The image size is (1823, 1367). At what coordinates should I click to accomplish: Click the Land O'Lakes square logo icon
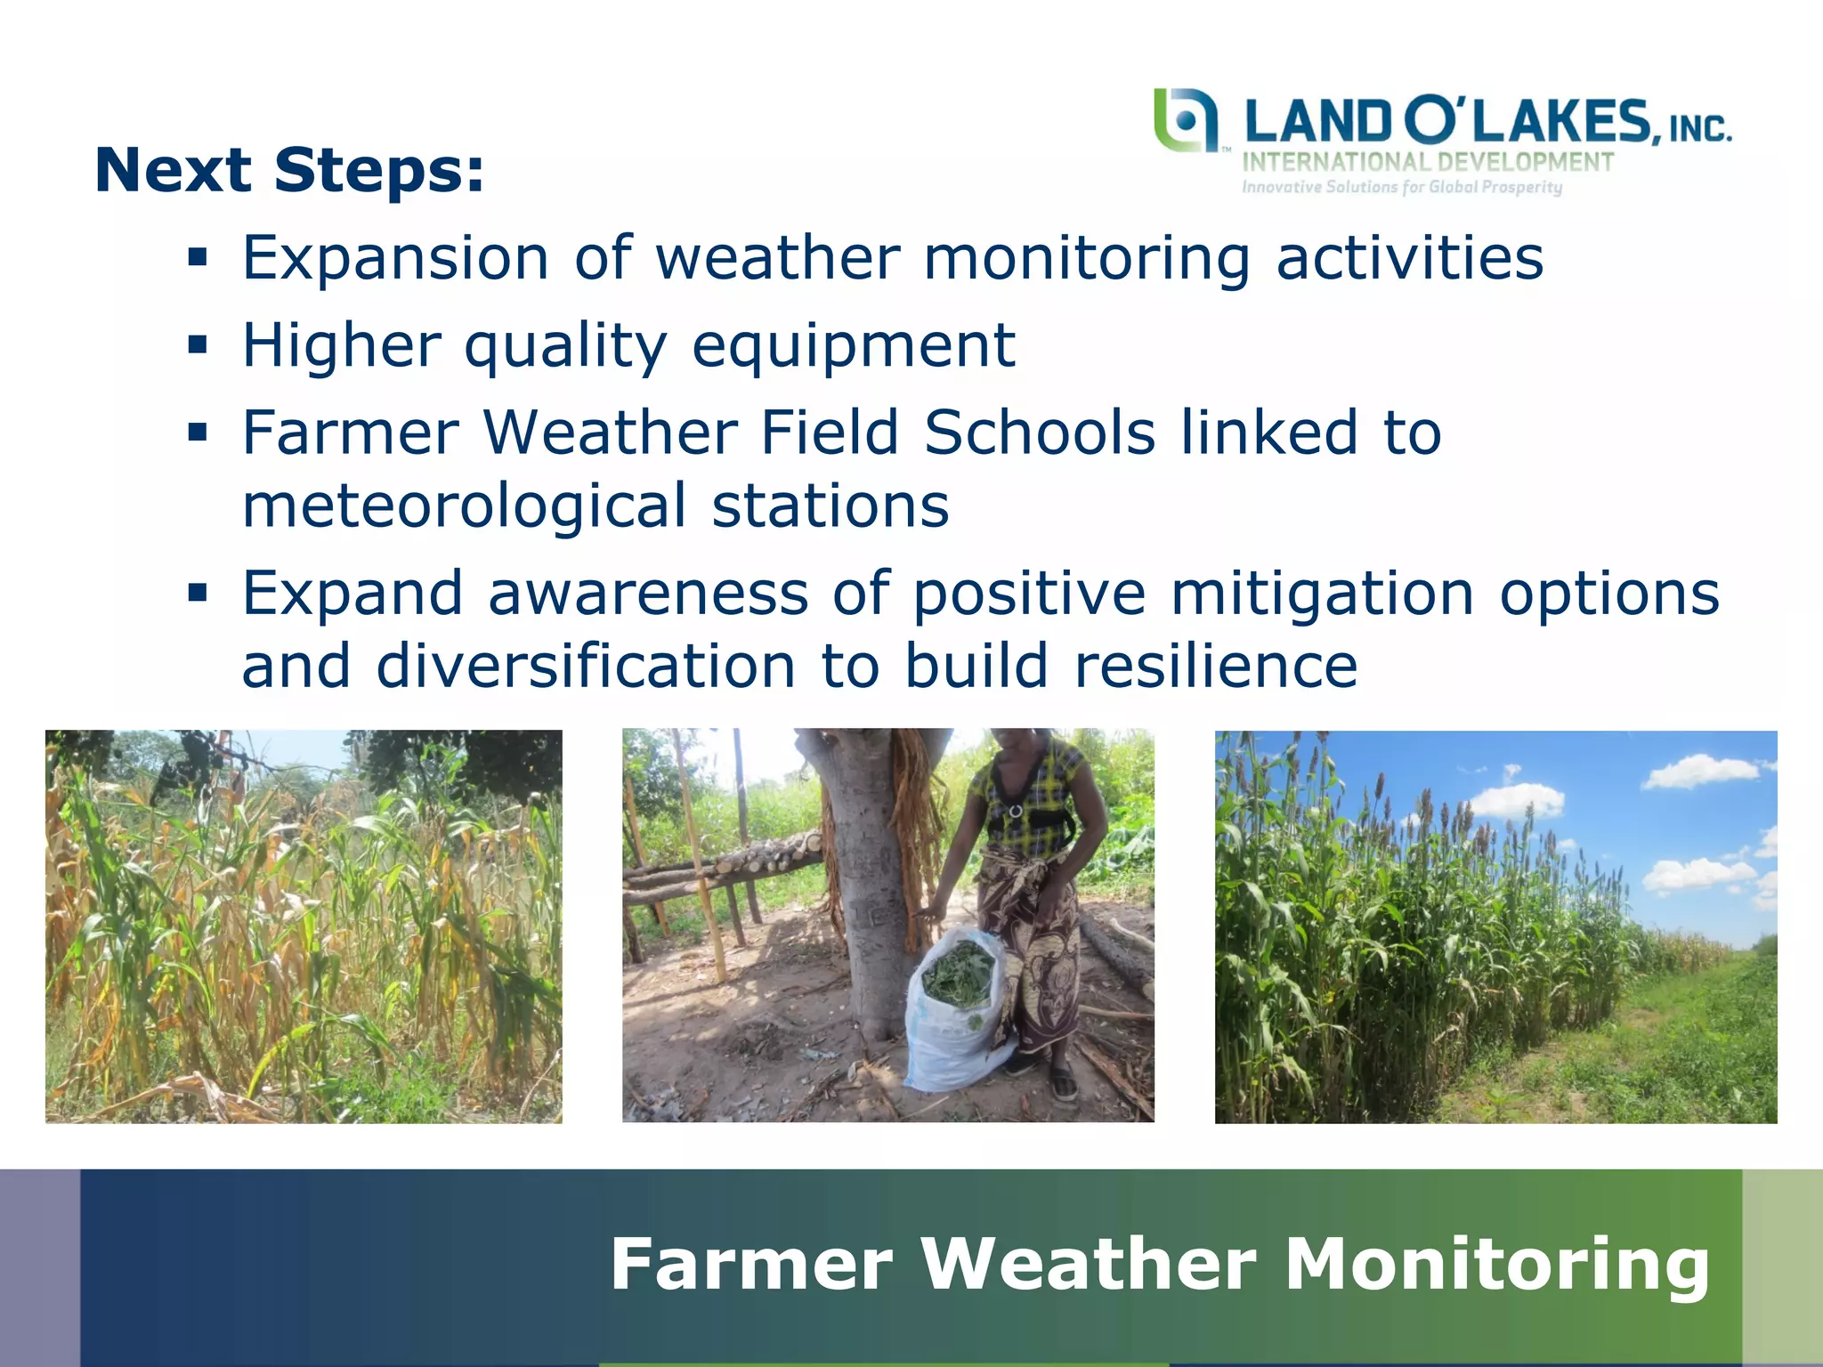(1185, 120)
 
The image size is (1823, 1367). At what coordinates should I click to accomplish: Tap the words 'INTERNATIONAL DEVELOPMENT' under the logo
(1427, 163)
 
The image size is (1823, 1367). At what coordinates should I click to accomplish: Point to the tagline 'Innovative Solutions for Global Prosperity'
(1402, 187)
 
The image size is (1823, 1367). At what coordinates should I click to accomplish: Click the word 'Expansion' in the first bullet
(395, 258)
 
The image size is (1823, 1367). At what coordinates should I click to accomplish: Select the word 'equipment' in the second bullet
(853, 345)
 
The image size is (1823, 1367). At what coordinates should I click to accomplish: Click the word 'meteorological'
(464, 506)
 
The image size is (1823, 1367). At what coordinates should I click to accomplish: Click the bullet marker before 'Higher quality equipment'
(197, 344)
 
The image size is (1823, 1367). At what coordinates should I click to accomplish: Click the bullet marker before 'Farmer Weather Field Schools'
(197, 433)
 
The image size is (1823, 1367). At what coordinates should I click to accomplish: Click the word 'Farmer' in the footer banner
(750, 1264)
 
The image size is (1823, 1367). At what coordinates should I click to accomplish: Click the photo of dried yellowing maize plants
(304, 926)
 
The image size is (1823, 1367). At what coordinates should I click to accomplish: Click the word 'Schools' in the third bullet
(1040, 433)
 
